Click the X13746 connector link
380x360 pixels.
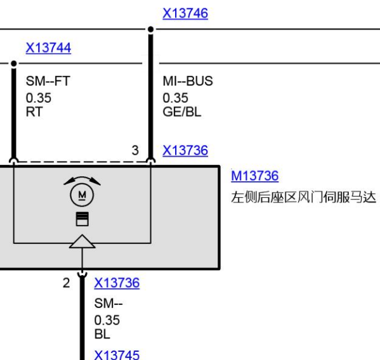(x=185, y=13)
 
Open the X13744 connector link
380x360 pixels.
(x=48, y=48)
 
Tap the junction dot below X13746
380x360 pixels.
(x=150, y=29)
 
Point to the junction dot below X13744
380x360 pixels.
(x=14, y=63)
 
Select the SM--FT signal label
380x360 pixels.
(x=48, y=81)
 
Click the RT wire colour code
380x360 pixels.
(x=34, y=112)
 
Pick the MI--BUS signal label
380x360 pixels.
(x=188, y=81)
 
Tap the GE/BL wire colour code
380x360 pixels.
(x=182, y=112)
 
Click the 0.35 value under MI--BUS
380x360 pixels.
(x=175, y=98)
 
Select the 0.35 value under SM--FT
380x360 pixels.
(x=39, y=98)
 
